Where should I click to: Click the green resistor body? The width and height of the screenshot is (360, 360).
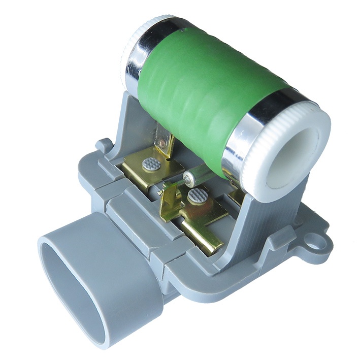[203, 91]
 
